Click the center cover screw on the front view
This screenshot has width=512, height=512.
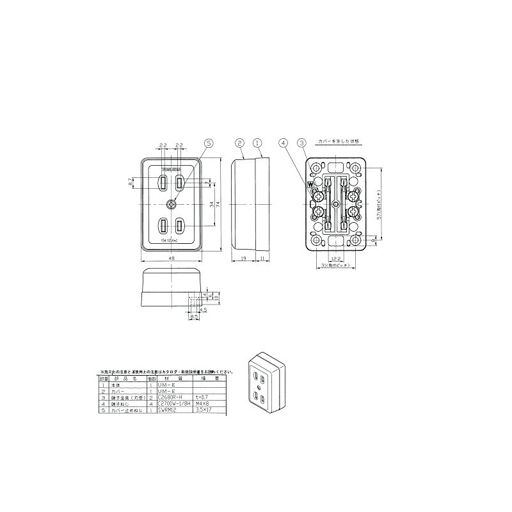[172, 204]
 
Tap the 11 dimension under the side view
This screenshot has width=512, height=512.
[262, 259]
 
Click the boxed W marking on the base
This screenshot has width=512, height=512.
[311, 184]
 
